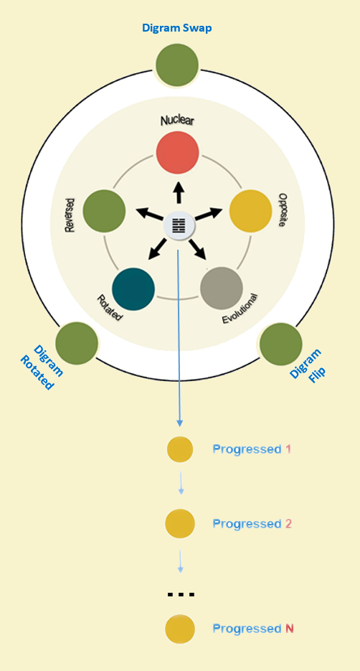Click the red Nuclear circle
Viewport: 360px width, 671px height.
point(177,152)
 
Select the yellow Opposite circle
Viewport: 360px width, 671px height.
point(250,211)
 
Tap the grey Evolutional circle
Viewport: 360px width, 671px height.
point(222,288)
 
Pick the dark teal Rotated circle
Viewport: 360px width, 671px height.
point(133,289)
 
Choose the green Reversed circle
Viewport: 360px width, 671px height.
point(104,211)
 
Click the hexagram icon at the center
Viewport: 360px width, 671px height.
point(179,225)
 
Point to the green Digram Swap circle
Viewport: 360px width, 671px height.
point(177,65)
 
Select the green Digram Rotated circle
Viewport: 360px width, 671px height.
point(77,343)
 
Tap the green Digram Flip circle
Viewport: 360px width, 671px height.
point(281,344)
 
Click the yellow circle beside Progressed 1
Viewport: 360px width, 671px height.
point(180,449)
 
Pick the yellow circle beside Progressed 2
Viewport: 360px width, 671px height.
point(180,523)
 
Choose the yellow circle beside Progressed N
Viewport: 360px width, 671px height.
point(180,629)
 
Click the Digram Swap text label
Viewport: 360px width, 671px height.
point(177,28)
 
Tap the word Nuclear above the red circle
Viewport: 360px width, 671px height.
point(177,121)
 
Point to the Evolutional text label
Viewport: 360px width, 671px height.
point(240,309)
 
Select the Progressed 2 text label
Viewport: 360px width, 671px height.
point(252,524)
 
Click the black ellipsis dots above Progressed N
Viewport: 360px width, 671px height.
point(181,594)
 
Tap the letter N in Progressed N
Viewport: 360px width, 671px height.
point(290,629)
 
